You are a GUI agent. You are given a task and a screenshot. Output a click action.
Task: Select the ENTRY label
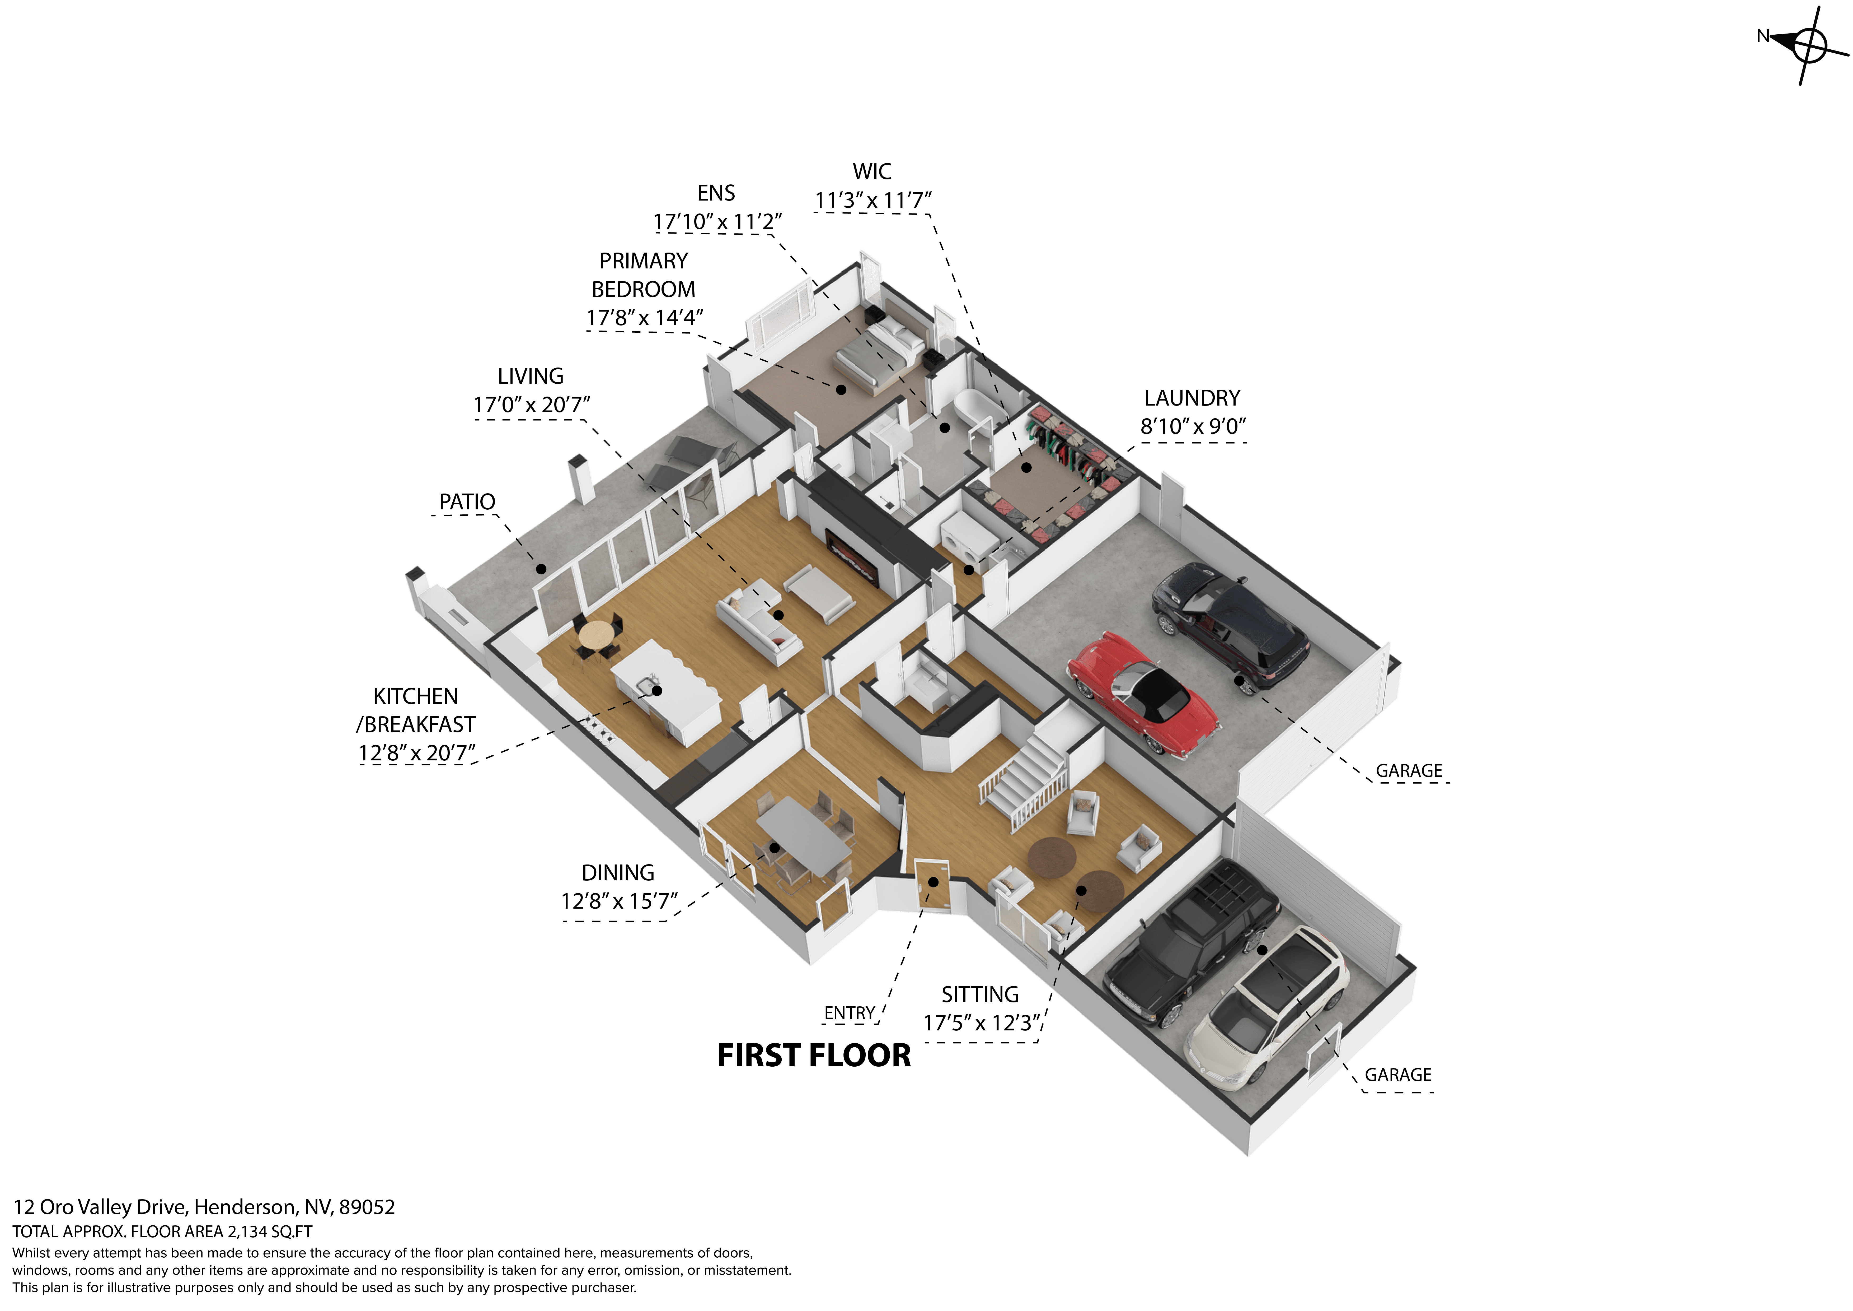[849, 1012]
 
